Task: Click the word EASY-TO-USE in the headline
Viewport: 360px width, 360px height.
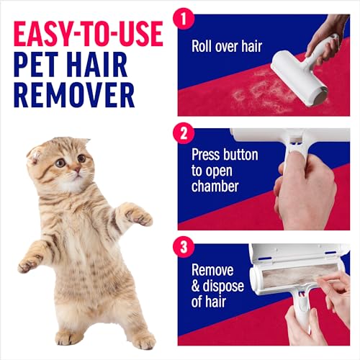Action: point(85,35)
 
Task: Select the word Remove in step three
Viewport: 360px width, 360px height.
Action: point(214,271)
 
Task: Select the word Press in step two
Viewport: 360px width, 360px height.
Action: point(207,154)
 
